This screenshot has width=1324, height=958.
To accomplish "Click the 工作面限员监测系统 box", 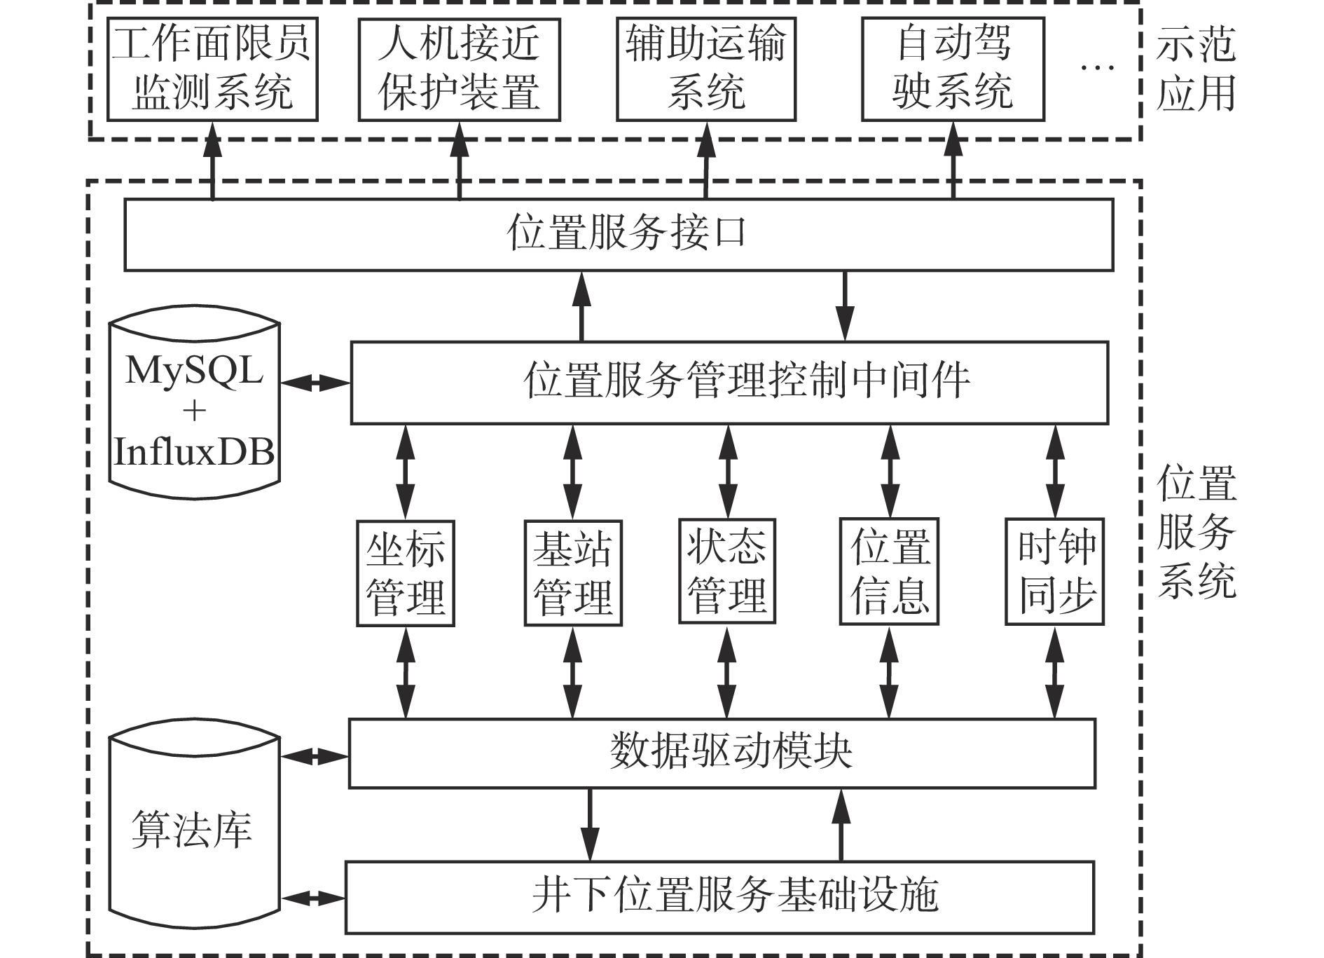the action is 212,69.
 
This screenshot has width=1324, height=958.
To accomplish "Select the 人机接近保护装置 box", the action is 459,69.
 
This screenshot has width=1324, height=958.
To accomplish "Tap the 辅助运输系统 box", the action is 706,69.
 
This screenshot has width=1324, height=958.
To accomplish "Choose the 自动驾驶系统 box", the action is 953,69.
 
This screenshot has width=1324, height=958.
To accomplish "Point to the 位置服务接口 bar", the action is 619,235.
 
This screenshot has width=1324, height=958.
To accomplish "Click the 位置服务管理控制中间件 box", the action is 729,383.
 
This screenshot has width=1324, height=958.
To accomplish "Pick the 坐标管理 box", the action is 406,573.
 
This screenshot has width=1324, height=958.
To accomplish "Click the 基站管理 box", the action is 573,573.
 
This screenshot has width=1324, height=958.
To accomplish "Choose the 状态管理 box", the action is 727,572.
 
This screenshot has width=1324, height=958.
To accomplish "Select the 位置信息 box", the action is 890,572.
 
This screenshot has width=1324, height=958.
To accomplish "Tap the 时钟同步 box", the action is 1055,572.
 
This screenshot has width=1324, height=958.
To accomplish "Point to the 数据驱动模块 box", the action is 722,753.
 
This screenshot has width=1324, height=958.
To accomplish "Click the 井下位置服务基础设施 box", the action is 720,898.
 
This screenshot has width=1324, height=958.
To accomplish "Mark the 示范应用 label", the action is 1196,69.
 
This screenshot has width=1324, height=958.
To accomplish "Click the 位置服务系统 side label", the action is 1197,533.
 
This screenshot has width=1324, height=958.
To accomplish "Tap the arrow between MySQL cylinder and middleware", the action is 315,383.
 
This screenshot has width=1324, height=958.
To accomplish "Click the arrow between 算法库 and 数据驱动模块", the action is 315,757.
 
